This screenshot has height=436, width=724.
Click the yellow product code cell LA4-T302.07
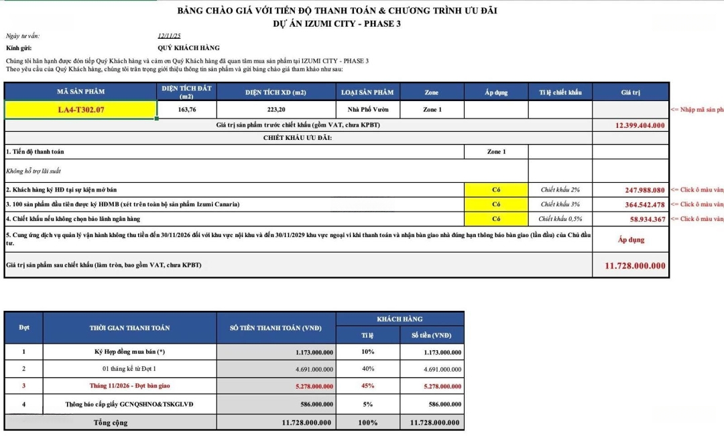tap(81, 109)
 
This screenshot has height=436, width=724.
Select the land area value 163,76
tap(187, 109)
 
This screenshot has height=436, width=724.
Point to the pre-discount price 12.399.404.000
tap(640, 125)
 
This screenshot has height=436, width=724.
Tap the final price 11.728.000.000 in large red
tap(635, 266)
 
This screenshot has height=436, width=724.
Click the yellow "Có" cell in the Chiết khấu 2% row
tap(496, 190)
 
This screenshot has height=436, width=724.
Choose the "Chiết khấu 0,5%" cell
tap(560, 219)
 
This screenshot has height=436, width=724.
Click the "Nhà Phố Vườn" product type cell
tap(368, 109)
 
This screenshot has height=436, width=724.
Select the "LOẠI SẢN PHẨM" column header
tap(367, 92)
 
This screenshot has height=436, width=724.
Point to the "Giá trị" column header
tap(630, 92)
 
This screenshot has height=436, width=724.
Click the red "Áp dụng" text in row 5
tap(630, 240)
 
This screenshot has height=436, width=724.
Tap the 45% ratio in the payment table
tap(367, 386)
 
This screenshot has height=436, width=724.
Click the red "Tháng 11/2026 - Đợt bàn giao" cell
tap(129, 386)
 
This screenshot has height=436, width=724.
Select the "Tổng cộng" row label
tap(110, 423)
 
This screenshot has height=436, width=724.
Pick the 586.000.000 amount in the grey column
tap(314, 404)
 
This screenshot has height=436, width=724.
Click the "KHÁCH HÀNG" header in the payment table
tap(400, 319)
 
